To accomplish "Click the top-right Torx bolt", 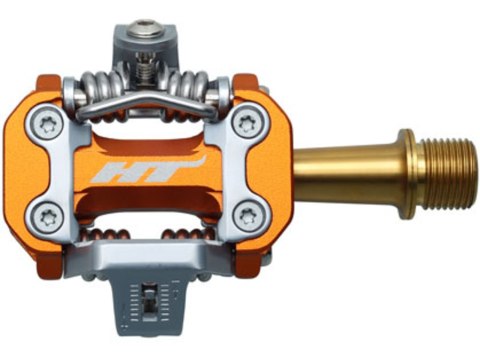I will [x=245, y=124].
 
